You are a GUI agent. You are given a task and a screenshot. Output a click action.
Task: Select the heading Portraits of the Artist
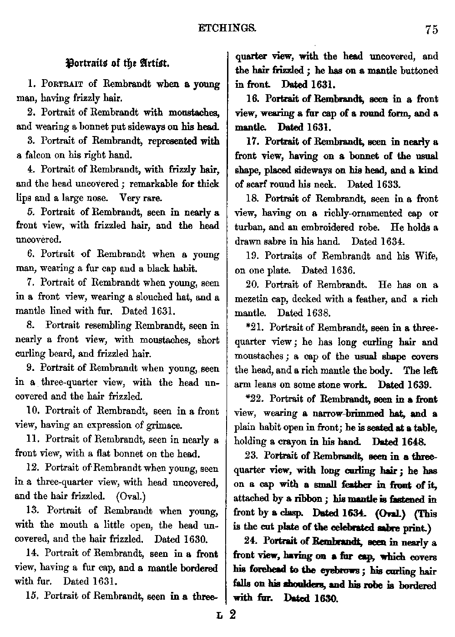click(118, 63)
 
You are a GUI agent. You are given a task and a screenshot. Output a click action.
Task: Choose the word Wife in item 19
click(427, 256)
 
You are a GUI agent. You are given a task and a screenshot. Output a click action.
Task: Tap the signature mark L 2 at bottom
click(226, 617)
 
